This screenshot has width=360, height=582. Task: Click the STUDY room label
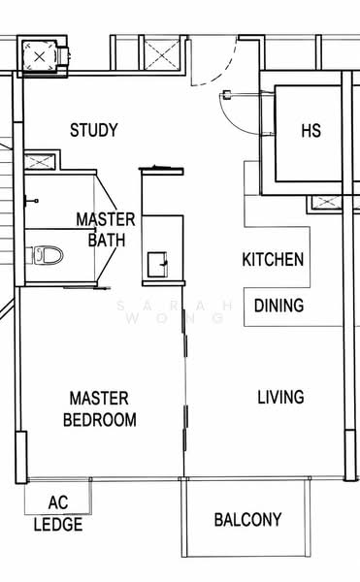coord(94,130)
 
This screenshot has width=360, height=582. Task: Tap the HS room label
coord(311,131)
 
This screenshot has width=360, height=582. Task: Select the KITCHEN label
coord(273,259)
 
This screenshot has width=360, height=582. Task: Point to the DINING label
coord(279,306)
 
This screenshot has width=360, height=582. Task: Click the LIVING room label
coord(281,397)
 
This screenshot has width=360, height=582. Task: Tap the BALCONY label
coord(247,520)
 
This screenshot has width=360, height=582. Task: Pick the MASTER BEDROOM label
coord(100,409)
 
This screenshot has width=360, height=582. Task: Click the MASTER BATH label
coord(106,229)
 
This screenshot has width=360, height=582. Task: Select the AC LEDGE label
coord(58,513)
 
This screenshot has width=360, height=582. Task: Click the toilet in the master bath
coord(48,256)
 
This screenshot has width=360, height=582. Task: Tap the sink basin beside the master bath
coord(157,264)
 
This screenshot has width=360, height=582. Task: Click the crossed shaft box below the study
coord(40,162)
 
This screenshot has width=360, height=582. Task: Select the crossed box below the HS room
coord(326,203)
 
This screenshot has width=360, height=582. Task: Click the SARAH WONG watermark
coord(176,311)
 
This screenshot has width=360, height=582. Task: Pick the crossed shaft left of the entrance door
coord(162,55)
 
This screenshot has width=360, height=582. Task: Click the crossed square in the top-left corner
coord(40,57)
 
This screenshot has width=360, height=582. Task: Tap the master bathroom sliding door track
coord(86,287)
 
